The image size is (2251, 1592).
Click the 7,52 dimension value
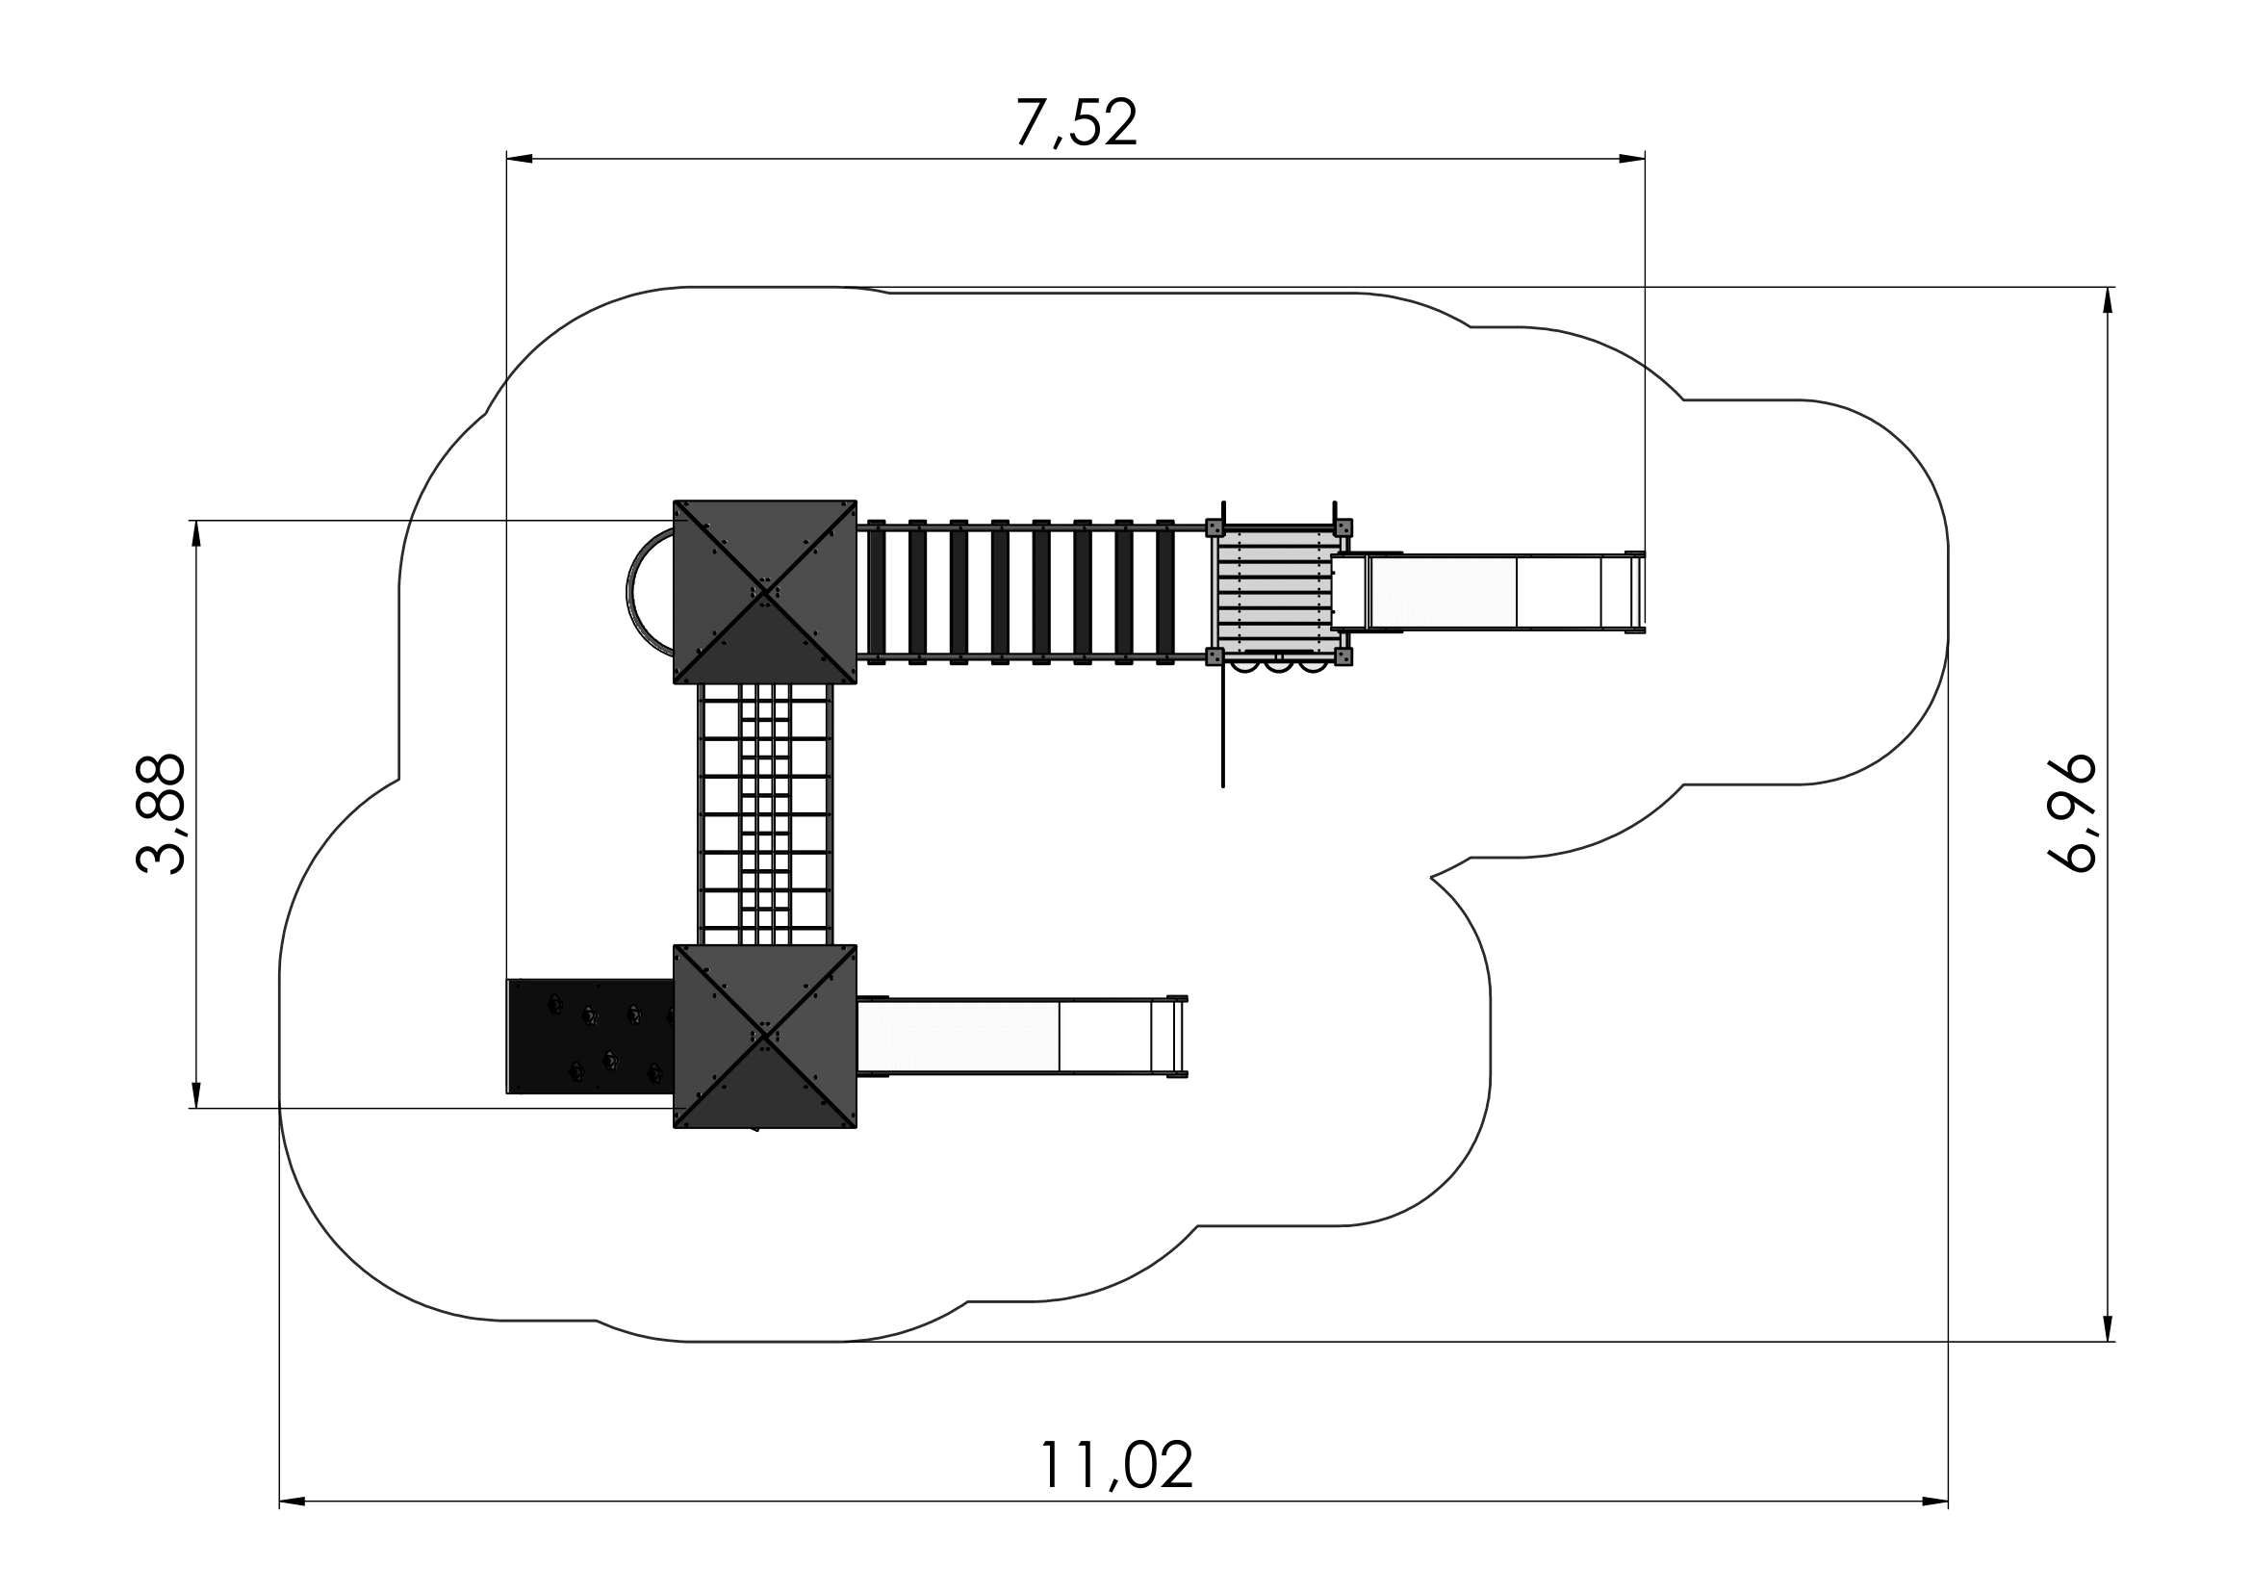point(1076,122)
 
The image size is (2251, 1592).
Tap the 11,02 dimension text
point(1115,1466)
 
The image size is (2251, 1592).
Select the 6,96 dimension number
point(2072,813)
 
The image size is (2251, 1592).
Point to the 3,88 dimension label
point(161,813)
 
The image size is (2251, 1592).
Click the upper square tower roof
point(765,592)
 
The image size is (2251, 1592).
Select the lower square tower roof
point(765,1037)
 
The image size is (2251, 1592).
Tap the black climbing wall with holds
point(590,1037)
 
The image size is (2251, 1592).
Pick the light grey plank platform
point(1274,592)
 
